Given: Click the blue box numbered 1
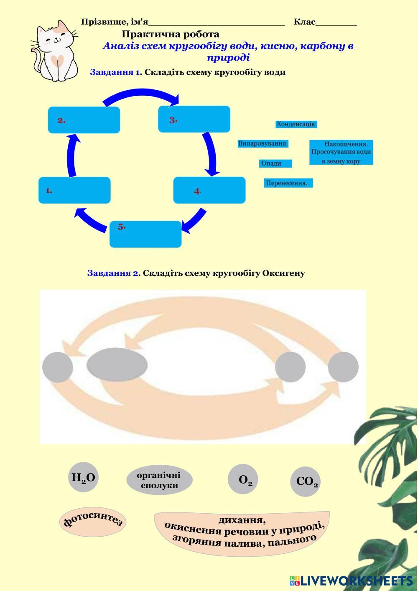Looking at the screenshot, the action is pos(74,190).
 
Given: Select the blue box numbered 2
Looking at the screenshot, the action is pos(84,120).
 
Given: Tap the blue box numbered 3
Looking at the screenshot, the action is pos(194,119).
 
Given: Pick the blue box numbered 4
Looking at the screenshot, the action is pos(209,190).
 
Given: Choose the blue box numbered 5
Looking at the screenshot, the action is pos(145,234).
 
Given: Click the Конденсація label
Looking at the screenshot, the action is pos(296,124).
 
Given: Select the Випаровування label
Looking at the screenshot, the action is pos(262,144).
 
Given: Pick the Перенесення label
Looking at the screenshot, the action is pos(288,183).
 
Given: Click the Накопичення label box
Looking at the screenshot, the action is pos(341,153).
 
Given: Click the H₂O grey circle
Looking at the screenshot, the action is pos(83,477).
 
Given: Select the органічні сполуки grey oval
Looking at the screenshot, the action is pos(159,480).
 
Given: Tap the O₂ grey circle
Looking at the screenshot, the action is pos(243,479).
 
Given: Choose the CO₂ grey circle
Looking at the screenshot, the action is pos(305,481).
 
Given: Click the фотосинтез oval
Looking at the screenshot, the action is pos(92,521).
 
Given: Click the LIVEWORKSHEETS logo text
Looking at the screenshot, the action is pos(356,581).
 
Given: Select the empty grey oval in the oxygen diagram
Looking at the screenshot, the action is pos(117,364).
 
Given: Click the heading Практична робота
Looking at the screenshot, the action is pos(170,34).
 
